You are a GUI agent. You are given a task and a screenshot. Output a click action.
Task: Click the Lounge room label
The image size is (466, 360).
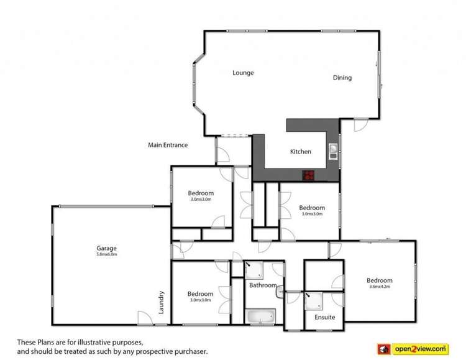coord(243,73)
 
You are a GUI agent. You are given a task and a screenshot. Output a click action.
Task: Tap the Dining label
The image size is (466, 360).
coord(342,78)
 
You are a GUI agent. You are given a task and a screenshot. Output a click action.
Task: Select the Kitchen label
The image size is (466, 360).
coord(301,152)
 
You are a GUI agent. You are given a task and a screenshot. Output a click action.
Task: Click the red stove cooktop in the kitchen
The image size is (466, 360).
coord(309,175)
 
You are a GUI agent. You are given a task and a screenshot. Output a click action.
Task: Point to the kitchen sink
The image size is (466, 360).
coord(333,150)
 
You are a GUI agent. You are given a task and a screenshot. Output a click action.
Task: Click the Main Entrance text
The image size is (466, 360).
coord(168,145)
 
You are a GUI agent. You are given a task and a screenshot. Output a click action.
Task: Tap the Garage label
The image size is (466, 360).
coord(107,247)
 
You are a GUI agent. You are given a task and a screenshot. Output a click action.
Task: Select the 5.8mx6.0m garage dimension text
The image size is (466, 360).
coord(107,254)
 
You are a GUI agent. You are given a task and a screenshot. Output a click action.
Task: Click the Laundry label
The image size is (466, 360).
coord(162,302)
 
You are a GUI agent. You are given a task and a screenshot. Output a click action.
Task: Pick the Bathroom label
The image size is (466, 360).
coord(263,285)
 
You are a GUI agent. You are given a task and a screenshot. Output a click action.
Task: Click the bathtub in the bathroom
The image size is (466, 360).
coord(260,317)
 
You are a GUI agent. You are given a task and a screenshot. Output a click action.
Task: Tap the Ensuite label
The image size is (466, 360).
coord(324,317)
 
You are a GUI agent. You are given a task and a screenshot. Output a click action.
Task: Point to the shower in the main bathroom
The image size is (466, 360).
coord(255,270)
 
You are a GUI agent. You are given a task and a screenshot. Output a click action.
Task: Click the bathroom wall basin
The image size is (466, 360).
coord(280,290)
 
